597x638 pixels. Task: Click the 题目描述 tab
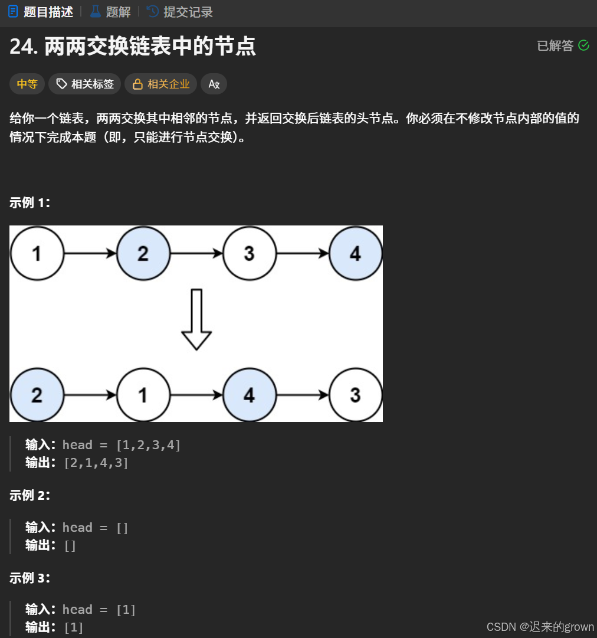click(x=41, y=12)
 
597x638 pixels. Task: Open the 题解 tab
click(x=110, y=12)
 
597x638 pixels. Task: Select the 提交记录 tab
click(x=180, y=12)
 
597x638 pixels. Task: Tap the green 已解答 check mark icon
click(x=583, y=45)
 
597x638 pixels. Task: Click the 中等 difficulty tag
click(x=27, y=84)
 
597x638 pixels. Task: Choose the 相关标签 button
click(x=85, y=84)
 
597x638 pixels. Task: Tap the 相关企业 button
click(x=161, y=84)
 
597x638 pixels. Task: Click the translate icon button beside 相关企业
click(x=214, y=84)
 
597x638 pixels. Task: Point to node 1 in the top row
click(x=37, y=254)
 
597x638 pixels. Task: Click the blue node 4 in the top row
click(x=355, y=254)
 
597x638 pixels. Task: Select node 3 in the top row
click(x=249, y=254)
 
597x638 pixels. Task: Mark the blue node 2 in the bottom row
click(x=37, y=395)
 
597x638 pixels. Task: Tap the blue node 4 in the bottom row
click(x=249, y=395)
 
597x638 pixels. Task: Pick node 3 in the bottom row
click(x=355, y=395)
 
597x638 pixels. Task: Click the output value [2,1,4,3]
click(x=96, y=463)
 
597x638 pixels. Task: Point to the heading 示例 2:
click(x=29, y=496)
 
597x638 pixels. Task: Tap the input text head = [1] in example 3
click(x=99, y=610)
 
